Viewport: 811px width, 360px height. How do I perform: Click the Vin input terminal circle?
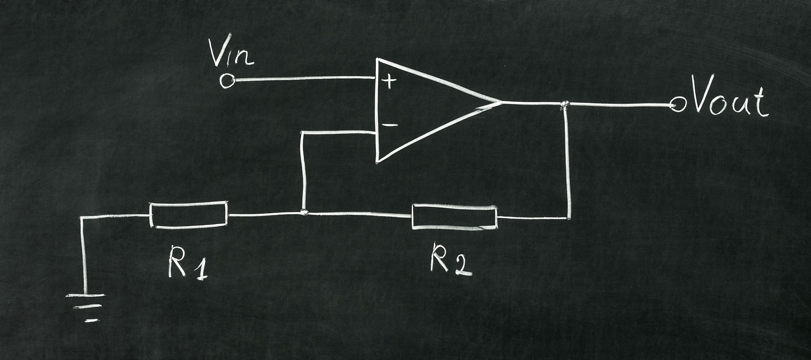pos(227,81)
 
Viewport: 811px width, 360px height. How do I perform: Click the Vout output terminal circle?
pos(678,105)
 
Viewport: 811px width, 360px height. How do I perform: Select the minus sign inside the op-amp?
pos(390,125)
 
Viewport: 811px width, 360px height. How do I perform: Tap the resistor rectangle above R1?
pos(189,215)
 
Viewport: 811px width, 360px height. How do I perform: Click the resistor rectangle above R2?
pos(454,217)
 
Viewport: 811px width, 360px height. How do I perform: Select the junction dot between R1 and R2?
pos(304,213)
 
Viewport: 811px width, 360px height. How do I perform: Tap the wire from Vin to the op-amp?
pos(305,79)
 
